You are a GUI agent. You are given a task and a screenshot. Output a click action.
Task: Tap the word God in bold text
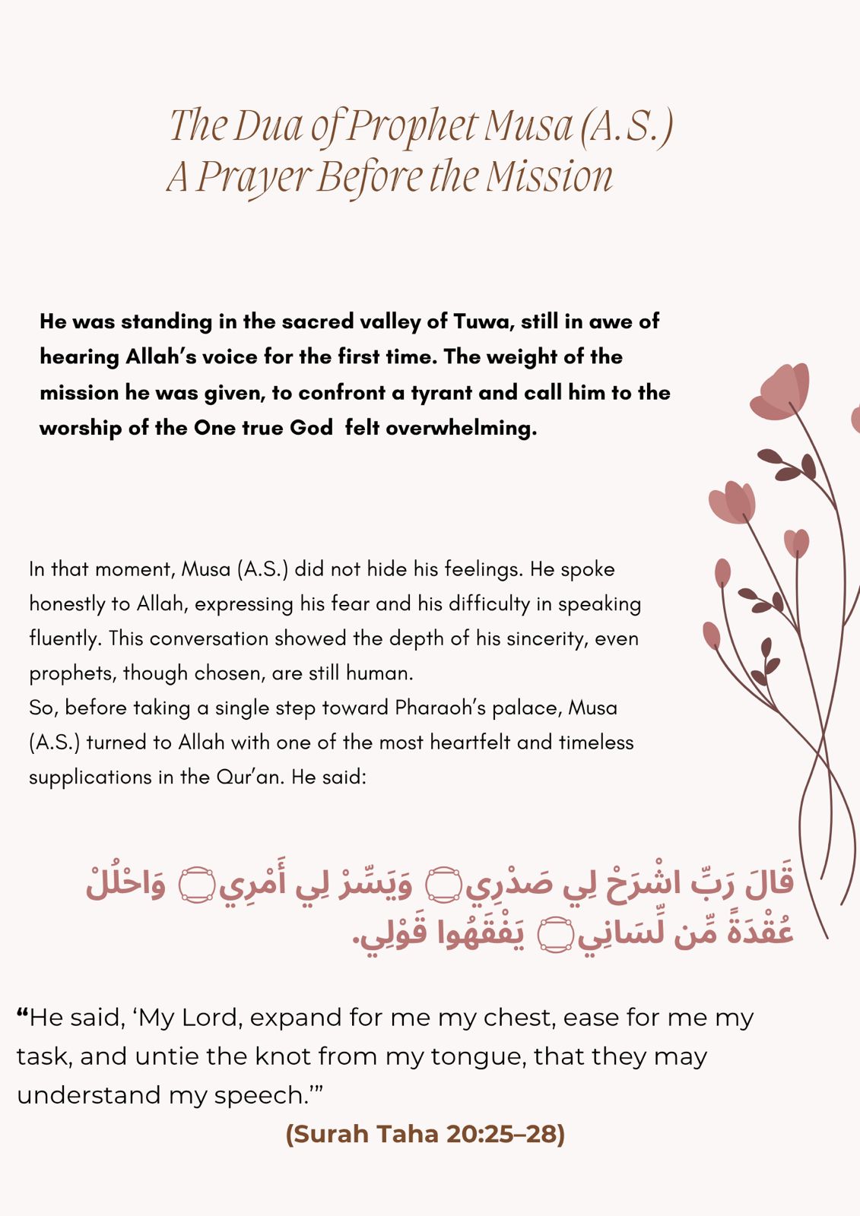coord(311,428)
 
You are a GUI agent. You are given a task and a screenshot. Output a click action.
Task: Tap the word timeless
coord(596,743)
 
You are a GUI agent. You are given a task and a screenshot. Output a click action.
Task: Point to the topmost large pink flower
coord(781,391)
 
